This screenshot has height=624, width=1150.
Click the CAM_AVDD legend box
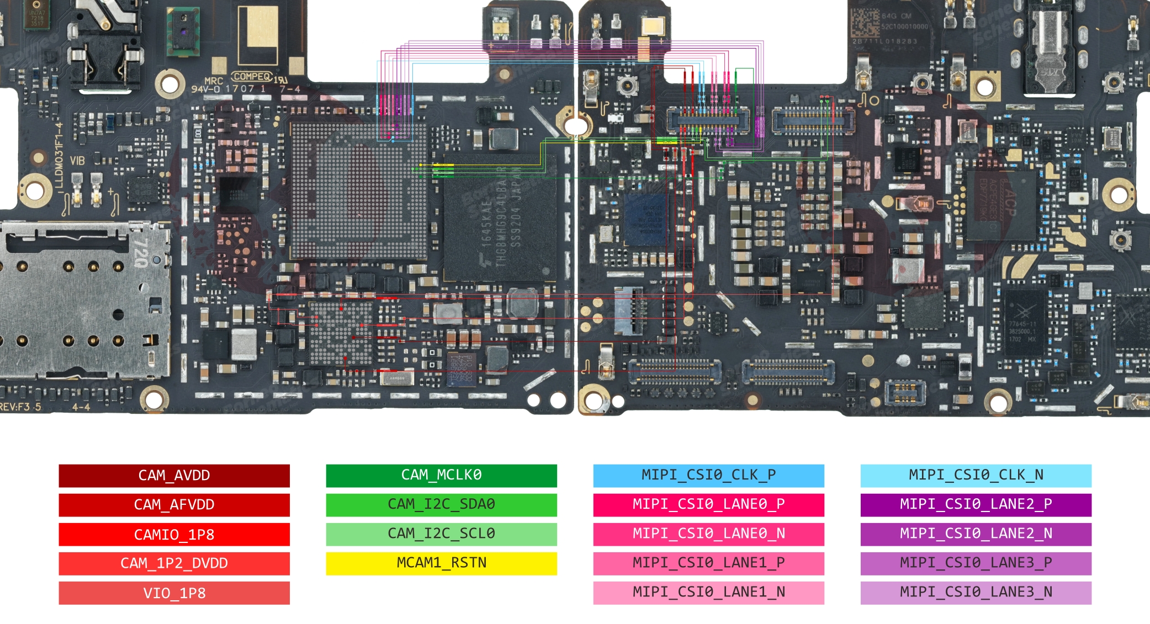coord(174,476)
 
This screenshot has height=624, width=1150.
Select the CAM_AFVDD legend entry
coord(174,505)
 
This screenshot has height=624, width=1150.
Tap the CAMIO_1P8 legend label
coord(174,534)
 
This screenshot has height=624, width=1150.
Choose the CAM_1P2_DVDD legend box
coord(174,563)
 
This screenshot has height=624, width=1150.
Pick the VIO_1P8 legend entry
coord(174,593)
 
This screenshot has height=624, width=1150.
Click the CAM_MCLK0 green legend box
coord(441,476)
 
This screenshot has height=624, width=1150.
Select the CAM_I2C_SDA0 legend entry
coord(441,505)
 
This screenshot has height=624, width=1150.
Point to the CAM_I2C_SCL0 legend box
coord(441,534)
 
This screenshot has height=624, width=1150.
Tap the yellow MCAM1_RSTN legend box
coord(441,563)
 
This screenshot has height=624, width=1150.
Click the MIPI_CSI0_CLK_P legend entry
coord(708,476)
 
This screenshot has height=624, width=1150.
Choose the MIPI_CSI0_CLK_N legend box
coord(976,476)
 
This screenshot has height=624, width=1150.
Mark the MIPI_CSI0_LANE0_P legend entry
coord(708,505)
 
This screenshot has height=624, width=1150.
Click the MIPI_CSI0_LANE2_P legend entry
coord(976,505)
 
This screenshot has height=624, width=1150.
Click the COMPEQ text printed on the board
coord(252,77)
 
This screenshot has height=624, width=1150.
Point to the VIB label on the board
coord(77,161)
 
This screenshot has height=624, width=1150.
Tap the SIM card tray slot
coord(83,301)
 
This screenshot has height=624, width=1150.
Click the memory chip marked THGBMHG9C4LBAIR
coord(500,223)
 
